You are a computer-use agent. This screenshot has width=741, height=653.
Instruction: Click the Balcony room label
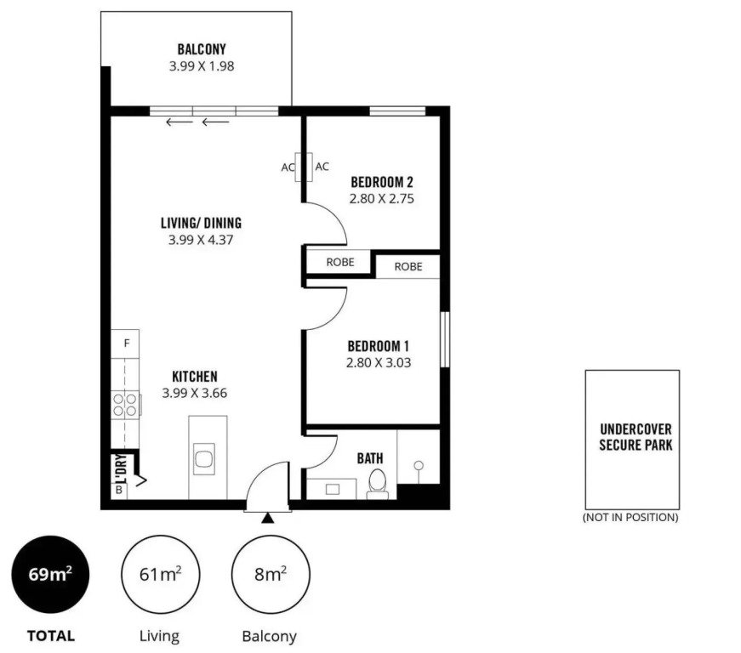pos(202,49)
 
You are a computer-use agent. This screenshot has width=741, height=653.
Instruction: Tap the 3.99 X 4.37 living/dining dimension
pos(201,240)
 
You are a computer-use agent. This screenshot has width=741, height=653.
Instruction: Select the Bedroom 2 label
pos(382,182)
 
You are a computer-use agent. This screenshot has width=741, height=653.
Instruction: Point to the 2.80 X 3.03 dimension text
pos(379,362)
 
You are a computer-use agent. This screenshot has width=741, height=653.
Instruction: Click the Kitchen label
pos(195,377)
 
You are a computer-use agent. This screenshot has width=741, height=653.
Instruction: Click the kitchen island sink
pos(203,459)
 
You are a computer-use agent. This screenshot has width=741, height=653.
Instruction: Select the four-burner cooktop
pos(126,405)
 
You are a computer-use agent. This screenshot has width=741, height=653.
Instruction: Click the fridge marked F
pos(125,344)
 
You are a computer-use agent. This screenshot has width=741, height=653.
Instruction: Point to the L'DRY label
pos(122,468)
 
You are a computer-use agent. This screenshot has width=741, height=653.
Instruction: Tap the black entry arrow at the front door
pos(268,518)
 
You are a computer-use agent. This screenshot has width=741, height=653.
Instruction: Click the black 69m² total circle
pos(50,574)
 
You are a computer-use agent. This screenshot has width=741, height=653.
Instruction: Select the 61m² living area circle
pos(160,574)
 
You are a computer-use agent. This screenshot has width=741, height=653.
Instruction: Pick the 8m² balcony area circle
pos(271,574)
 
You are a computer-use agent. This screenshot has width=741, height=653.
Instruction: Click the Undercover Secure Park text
pos(636,437)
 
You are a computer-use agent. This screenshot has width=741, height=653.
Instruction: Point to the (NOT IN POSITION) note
pos(630,517)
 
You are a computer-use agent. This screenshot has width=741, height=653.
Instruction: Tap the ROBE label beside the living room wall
pos(340,262)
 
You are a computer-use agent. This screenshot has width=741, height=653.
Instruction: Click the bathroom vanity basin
pos(333,489)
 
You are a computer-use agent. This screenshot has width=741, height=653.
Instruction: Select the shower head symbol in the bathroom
pos(419,466)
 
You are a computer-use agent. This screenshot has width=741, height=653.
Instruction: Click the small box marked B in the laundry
pos(119,490)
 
